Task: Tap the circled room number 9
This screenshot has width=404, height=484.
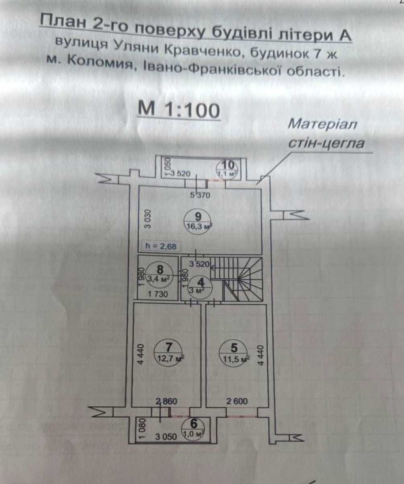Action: (198, 221)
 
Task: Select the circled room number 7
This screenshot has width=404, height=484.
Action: (169, 353)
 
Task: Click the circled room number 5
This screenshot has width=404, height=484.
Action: (234, 353)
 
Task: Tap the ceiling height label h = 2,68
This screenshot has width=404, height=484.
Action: (160, 246)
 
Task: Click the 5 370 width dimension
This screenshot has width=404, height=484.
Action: (200, 195)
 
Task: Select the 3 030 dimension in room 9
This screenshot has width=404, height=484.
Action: (148, 219)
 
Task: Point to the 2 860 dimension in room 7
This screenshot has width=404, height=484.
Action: (167, 401)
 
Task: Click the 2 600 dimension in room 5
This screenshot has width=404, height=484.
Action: (237, 401)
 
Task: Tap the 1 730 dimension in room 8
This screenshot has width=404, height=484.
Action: (158, 294)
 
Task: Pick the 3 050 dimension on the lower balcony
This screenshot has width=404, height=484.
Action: (166, 437)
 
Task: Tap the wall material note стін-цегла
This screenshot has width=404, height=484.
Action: (326, 144)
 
